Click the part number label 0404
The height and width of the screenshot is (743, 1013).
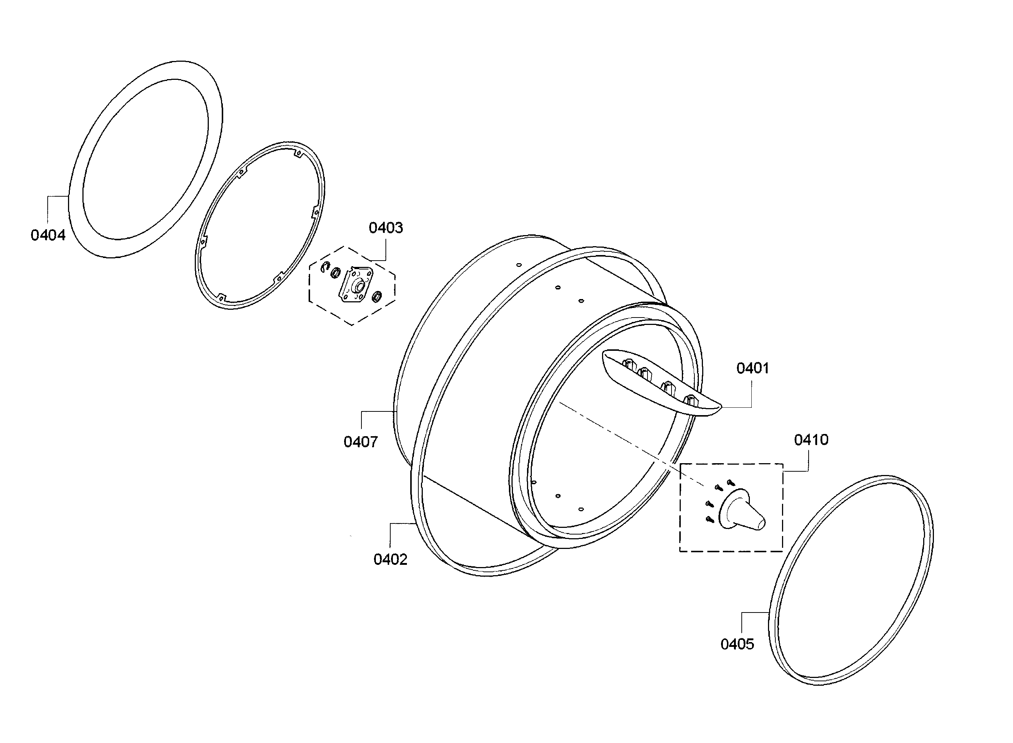click(48, 235)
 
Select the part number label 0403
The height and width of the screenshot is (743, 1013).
click(386, 228)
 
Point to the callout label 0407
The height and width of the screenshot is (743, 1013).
click(361, 442)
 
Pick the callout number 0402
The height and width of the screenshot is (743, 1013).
click(390, 560)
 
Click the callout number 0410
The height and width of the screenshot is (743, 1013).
click(811, 440)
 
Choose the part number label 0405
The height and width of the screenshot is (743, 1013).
click(737, 644)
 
